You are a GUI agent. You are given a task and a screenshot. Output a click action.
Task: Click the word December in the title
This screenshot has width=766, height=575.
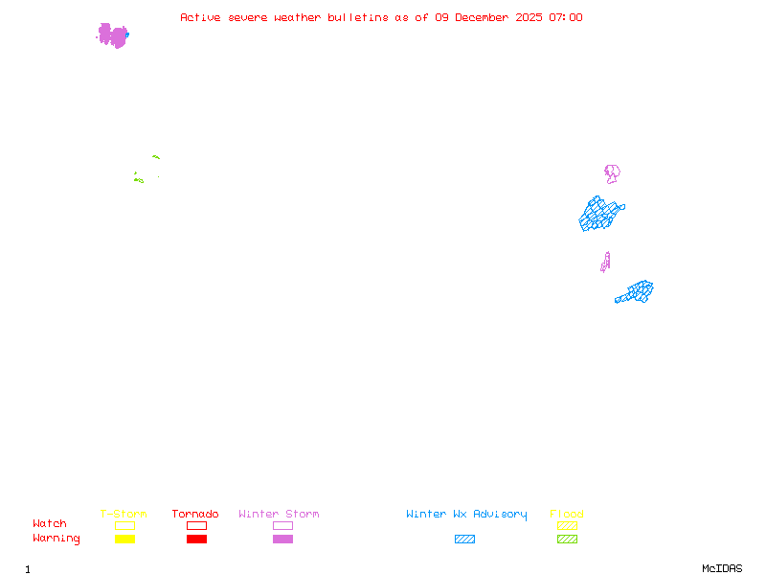click(x=484, y=17)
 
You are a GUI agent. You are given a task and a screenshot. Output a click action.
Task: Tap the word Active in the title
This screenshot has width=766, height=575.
click(x=201, y=17)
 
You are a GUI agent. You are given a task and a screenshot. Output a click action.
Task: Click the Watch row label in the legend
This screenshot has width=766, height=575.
click(x=50, y=524)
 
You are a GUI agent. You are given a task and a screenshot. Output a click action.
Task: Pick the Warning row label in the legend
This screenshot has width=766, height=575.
click(x=56, y=539)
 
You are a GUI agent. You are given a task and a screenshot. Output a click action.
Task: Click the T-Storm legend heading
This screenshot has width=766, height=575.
click(x=124, y=515)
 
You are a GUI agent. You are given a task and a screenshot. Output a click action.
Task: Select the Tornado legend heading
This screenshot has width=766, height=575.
click(x=195, y=515)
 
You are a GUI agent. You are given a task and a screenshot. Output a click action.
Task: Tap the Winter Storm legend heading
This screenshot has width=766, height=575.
click(x=279, y=515)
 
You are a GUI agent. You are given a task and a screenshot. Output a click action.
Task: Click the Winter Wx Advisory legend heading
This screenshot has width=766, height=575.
click(x=466, y=515)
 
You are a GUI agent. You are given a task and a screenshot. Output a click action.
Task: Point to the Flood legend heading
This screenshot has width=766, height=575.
click(x=567, y=515)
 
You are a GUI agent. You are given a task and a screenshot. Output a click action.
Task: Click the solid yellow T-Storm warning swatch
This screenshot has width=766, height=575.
click(x=124, y=540)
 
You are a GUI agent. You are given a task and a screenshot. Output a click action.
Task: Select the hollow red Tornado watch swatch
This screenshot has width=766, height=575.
click(x=196, y=525)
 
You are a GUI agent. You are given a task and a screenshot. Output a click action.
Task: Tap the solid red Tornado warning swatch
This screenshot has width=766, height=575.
click(x=196, y=540)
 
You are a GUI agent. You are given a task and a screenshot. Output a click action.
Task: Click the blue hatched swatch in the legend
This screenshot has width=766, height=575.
click(x=464, y=540)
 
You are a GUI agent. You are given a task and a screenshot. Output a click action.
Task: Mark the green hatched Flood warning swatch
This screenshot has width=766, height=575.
click(x=567, y=540)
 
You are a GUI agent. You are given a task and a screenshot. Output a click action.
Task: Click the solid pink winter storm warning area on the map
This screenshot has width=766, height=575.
click(x=113, y=35)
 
